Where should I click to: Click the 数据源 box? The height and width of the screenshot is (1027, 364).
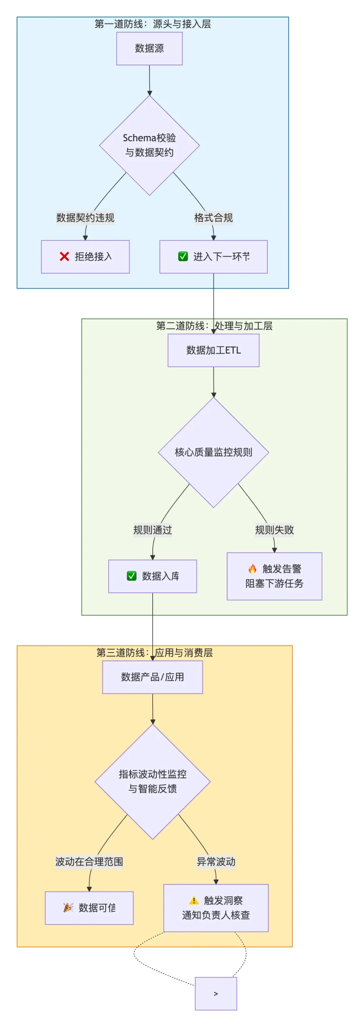click(149, 48)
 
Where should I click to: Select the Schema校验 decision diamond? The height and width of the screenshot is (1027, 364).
click(149, 145)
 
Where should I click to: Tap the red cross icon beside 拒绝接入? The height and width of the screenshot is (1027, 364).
click(64, 256)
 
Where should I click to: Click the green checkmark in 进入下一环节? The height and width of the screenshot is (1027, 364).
click(183, 256)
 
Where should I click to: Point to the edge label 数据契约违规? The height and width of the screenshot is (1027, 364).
click(85, 218)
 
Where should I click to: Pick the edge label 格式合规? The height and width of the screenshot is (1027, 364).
click(214, 218)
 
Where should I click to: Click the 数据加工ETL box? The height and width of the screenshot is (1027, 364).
click(214, 350)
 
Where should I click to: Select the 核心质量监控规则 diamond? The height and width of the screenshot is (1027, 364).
click(214, 452)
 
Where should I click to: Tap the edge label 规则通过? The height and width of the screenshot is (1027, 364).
click(152, 530)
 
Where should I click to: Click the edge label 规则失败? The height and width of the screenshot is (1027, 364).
click(275, 530)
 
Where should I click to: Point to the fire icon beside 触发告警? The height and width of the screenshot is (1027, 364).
click(252, 569)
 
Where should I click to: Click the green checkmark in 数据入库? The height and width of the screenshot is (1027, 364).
click(132, 576)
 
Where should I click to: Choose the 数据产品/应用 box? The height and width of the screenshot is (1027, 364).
click(152, 677)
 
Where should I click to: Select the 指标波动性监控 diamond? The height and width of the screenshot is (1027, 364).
click(152, 781)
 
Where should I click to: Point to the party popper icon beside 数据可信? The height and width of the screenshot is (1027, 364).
click(68, 908)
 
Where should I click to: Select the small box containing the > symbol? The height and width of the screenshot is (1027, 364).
click(216, 994)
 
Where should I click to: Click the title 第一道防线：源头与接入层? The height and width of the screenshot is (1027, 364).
click(152, 24)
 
